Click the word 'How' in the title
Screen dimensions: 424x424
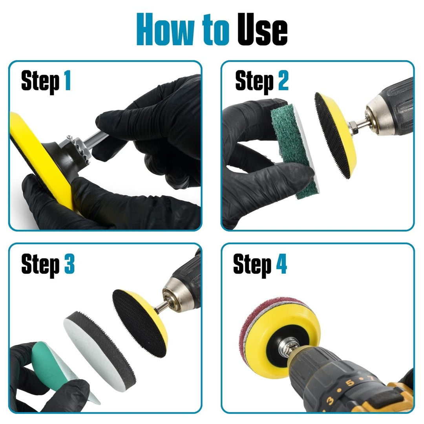[165, 29]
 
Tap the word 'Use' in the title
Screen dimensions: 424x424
[262, 29]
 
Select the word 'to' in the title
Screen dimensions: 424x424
[216, 30]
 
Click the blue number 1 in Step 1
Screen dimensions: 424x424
[68, 80]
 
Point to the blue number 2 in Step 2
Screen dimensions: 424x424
[283, 80]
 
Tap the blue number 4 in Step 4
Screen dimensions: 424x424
[281, 264]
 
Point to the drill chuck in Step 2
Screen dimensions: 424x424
[378, 116]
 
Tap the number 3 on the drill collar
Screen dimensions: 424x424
[330, 401]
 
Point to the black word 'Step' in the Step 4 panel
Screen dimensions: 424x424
[252, 265]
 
